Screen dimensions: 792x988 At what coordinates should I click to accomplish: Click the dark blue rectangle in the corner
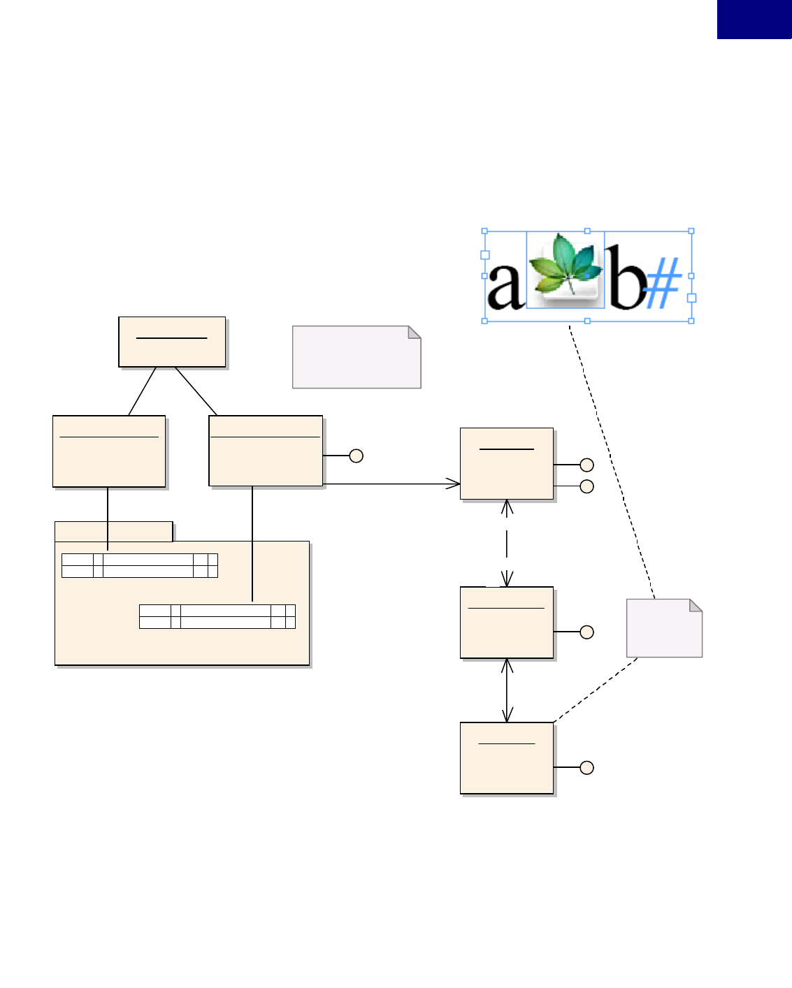point(754,19)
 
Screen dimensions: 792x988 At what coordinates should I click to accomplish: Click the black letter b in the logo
point(625,278)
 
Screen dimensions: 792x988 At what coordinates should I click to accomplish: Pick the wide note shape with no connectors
point(356,357)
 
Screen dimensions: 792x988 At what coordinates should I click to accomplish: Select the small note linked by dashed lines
point(663,628)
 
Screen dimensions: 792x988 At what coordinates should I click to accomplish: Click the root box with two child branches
point(172,342)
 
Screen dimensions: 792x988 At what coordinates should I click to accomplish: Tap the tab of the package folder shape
point(113,532)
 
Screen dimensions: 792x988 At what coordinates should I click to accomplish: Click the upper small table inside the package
point(140,565)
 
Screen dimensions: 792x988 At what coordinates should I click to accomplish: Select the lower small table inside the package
point(217,616)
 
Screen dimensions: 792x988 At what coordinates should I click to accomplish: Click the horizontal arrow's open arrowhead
point(454,484)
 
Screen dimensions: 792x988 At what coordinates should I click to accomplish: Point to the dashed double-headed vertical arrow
point(507,543)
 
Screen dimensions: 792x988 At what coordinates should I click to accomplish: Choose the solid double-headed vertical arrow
point(507,690)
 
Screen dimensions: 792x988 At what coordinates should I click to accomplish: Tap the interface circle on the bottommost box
point(587,767)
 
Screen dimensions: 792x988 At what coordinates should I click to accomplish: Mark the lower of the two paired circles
point(587,486)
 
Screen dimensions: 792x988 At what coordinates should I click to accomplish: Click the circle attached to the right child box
point(356,456)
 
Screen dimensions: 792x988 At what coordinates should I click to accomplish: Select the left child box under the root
point(109,451)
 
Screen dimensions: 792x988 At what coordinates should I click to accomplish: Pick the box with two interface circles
point(507,464)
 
